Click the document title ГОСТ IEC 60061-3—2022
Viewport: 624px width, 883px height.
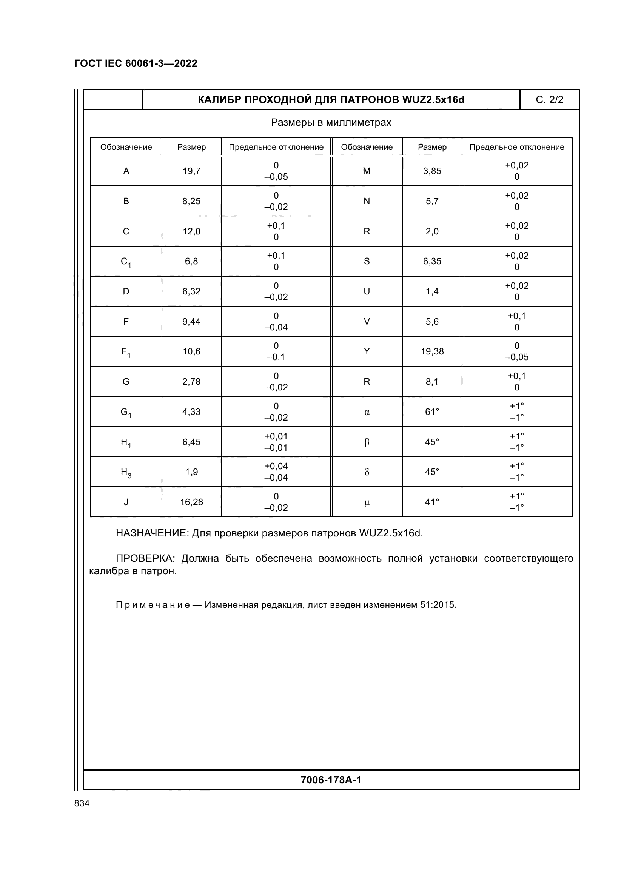[136, 63]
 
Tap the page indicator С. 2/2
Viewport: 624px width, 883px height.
[549, 100]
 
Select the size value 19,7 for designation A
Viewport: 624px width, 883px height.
[191, 171]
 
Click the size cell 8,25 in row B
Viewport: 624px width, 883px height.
[191, 201]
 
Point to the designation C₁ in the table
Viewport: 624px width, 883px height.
[126, 262]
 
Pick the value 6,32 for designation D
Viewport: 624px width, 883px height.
[191, 291]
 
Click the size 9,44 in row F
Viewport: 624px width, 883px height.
[191, 322]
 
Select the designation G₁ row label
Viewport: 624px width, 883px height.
[126, 412]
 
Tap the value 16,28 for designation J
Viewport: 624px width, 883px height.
[191, 502]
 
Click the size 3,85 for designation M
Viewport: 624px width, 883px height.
[432, 171]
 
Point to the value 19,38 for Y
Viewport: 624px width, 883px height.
[432, 351]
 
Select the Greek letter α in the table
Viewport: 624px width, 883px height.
[367, 412]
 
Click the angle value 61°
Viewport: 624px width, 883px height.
[432, 412]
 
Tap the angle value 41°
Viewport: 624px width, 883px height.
[432, 502]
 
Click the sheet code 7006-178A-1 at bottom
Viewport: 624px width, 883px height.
[331, 780]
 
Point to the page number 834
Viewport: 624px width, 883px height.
[82, 803]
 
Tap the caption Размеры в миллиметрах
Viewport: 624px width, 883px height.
[331, 123]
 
